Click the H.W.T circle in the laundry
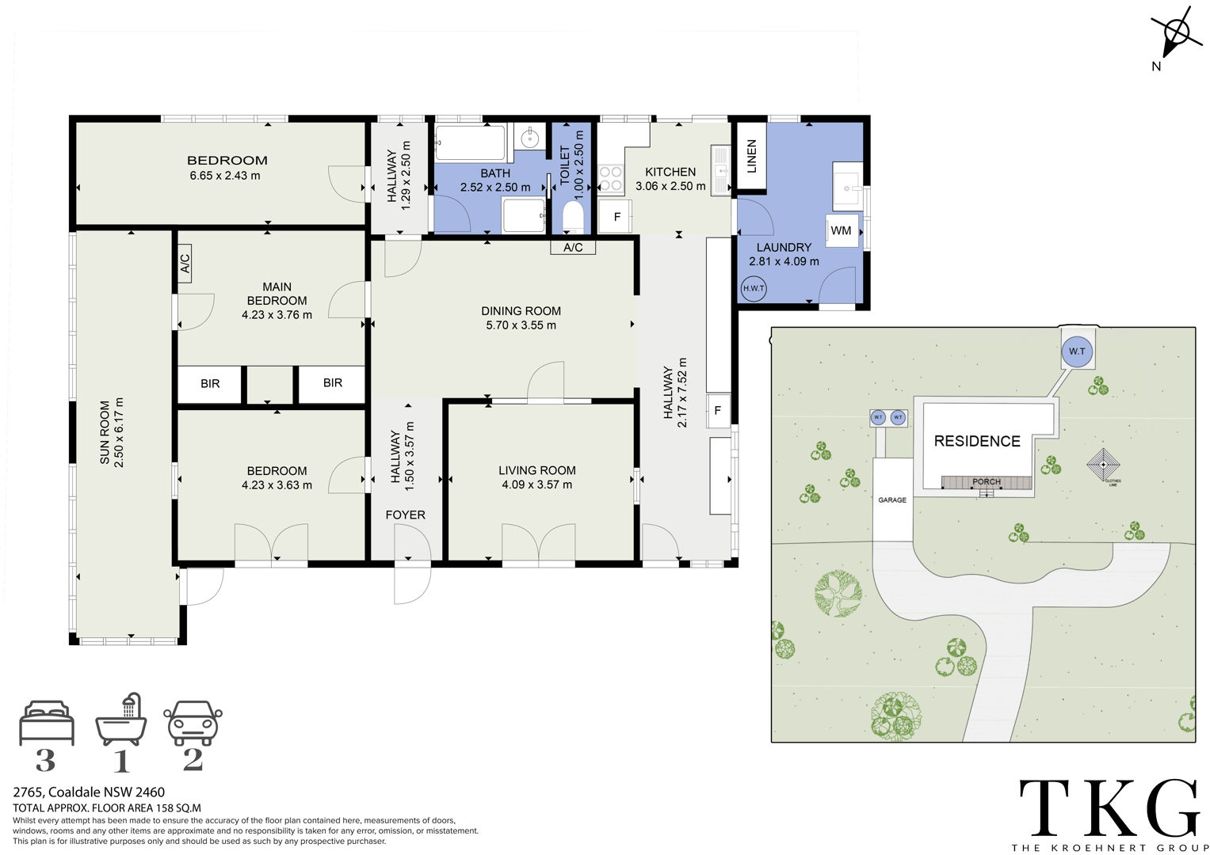pyautogui.click(x=754, y=288)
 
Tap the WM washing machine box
pyautogui.click(x=842, y=231)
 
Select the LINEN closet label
pyautogui.click(x=751, y=156)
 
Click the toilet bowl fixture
pyautogui.click(x=573, y=217)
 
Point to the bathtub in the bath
pyautogui.click(x=471, y=142)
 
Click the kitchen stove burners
pyautogui.click(x=611, y=179)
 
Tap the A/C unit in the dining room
pyautogui.click(x=573, y=247)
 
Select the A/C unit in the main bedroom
pyautogui.click(x=185, y=264)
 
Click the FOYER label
pyautogui.click(x=405, y=515)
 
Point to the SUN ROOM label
pyautogui.click(x=105, y=432)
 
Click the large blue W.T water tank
pyautogui.click(x=1077, y=351)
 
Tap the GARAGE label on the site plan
pyautogui.click(x=892, y=500)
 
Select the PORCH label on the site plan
pyautogui.click(x=987, y=481)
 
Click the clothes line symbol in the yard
pyautogui.click(x=1103, y=464)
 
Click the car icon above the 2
pyautogui.click(x=193, y=723)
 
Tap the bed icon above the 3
pyautogui.click(x=47, y=723)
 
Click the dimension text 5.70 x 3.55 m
pyautogui.click(x=521, y=325)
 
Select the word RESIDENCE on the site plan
pyautogui.click(x=977, y=441)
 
